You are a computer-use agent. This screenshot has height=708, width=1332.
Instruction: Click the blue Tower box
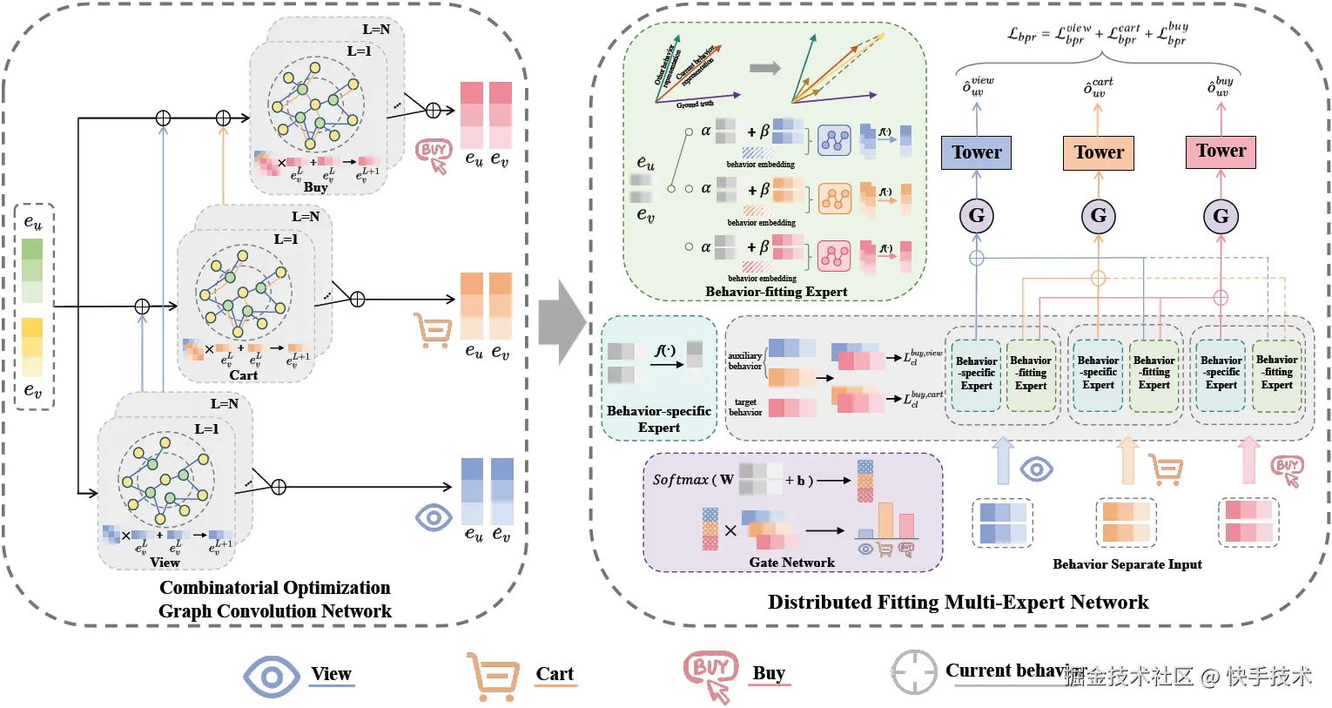(x=976, y=152)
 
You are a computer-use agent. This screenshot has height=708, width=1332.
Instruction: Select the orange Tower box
(x=1098, y=152)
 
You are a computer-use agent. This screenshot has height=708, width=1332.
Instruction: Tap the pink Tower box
(x=1221, y=152)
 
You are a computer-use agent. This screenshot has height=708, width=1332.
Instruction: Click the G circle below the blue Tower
(x=976, y=215)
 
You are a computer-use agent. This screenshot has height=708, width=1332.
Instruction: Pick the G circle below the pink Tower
(x=1221, y=216)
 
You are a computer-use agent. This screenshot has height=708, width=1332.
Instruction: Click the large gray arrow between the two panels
(x=562, y=321)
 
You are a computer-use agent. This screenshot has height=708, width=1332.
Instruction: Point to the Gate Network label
(x=791, y=563)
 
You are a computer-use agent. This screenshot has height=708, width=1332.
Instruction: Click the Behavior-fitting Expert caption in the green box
(x=776, y=292)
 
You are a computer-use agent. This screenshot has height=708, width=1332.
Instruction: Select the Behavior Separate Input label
(x=1127, y=564)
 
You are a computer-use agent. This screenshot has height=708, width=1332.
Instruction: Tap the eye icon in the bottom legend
(x=271, y=677)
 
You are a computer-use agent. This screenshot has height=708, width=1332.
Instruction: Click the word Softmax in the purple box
(x=680, y=480)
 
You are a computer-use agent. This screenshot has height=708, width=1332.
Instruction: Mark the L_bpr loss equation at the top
(x=1097, y=35)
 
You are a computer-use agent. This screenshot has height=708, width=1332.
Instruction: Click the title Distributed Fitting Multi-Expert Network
(x=958, y=602)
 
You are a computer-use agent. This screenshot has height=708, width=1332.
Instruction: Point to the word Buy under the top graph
(x=315, y=187)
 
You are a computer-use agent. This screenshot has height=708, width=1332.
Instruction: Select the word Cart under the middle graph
(x=243, y=375)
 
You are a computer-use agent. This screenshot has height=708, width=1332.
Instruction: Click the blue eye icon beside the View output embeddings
(x=433, y=517)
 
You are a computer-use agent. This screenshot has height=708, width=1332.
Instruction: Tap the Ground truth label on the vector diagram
(x=695, y=105)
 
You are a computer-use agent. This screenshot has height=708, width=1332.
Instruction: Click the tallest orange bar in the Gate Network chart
(x=885, y=521)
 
